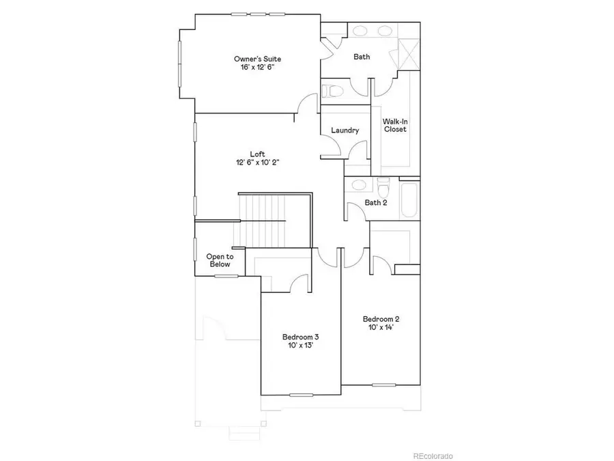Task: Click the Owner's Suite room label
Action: point(257,59)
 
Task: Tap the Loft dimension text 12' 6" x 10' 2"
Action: point(257,163)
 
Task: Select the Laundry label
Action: point(345,130)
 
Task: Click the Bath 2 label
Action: point(376,202)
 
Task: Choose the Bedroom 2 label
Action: point(381,319)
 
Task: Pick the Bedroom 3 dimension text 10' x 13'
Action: point(301,346)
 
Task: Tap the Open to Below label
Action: point(220,260)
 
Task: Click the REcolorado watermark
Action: point(433,456)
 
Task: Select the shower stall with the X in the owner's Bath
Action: point(407,52)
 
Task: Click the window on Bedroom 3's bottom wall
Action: point(300,395)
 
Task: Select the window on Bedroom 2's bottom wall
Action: point(383,385)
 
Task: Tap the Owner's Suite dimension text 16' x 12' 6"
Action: point(257,68)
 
